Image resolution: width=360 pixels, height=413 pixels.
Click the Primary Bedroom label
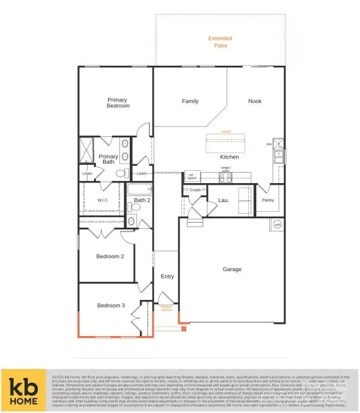pyautogui.click(x=118, y=103)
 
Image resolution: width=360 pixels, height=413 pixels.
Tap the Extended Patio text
pyautogui.click(x=220, y=42)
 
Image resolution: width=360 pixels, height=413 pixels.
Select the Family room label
pyautogui.click(x=190, y=101)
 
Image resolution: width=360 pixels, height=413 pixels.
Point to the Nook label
pyautogui.click(x=255, y=101)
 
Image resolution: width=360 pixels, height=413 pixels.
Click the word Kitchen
pyautogui.click(x=229, y=157)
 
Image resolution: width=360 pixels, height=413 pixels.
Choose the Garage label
pyautogui.click(x=232, y=269)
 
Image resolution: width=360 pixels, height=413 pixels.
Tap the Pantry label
pyautogui.click(x=267, y=200)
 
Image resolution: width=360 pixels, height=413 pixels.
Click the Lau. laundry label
pyautogui.click(x=223, y=200)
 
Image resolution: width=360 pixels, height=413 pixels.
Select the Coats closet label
pyautogui.click(x=194, y=190)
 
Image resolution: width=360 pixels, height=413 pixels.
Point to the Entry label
pyautogui.click(x=167, y=277)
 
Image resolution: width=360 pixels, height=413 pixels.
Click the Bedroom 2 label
pyautogui.click(x=110, y=257)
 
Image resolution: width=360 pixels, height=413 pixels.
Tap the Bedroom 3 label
pyautogui.click(x=111, y=306)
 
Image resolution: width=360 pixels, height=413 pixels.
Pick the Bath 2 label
pyautogui.click(x=142, y=200)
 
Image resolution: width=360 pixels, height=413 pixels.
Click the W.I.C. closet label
pyautogui.click(x=103, y=200)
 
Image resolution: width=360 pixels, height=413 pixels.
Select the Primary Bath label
pyautogui.click(x=108, y=160)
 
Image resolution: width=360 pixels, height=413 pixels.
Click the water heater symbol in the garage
pyautogui.click(x=278, y=225)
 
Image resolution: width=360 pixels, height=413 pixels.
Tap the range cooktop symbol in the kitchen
pyautogui.click(x=226, y=178)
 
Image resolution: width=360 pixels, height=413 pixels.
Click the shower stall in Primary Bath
pyautogui.click(x=86, y=149)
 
